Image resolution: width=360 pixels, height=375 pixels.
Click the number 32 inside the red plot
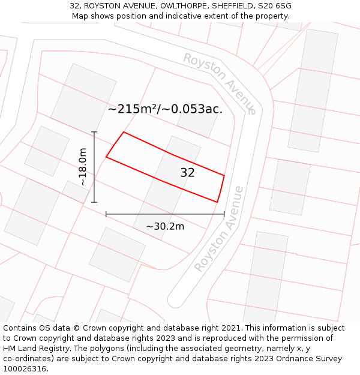[x=187, y=173]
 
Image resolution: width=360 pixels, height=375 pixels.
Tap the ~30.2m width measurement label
[x=165, y=226]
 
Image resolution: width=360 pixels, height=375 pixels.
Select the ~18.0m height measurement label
[x=83, y=167]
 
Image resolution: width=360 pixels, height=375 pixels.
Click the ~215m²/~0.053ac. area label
[x=165, y=109]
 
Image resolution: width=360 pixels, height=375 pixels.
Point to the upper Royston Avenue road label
[x=220, y=83]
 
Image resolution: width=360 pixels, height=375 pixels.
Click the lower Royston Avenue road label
[x=220, y=229]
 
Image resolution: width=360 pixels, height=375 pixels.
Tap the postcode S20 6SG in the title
[x=275, y=6]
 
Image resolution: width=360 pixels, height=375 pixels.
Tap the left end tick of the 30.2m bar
[x=106, y=214]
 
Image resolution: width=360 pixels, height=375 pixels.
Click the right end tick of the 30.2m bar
[x=224, y=214]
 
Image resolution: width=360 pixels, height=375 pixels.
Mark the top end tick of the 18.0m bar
[x=94, y=132]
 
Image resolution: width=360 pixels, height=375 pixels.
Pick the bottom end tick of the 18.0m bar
[x=94, y=202]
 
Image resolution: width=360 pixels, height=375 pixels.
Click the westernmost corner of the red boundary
[x=106, y=157]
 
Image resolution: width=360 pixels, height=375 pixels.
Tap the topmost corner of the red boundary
[x=124, y=132]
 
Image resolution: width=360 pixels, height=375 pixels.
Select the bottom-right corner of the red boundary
[x=217, y=202]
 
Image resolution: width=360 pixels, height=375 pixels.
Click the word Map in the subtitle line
[x=80, y=16]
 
